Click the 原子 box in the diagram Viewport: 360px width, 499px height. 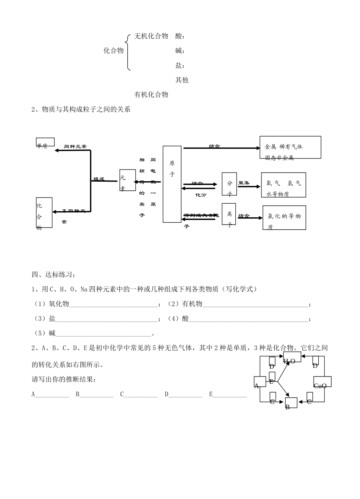[x=172, y=184]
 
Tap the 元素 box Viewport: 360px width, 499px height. [x=127, y=180]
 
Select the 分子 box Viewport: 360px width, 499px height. [x=229, y=184]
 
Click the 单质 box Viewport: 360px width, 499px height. [x=45, y=142]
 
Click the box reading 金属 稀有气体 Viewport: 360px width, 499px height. [x=290, y=148]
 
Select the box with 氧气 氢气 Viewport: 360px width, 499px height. [x=283, y=185]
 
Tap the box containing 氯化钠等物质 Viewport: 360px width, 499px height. [x=284, y=217]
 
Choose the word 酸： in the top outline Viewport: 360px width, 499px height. [x=180, y=36]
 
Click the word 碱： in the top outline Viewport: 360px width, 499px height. [x=180, y=51]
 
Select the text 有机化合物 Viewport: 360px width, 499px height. [x=151, y=94]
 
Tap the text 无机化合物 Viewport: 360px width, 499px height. [x=151, y=36]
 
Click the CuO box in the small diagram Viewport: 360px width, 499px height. [x=322, y=382]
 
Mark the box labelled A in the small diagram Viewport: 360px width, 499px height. [x=260, y=381]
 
